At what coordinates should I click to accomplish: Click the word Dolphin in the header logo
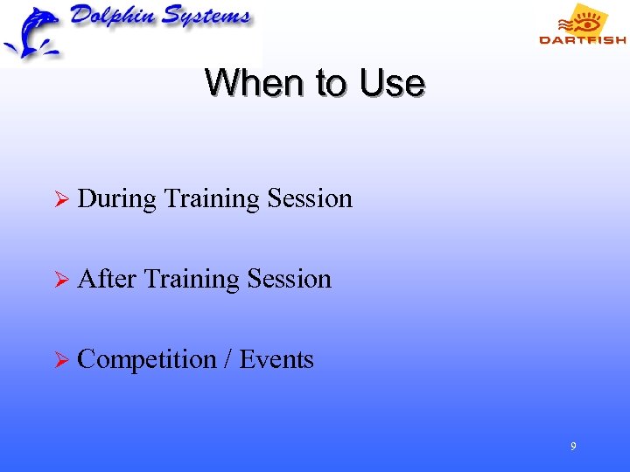pos(110,18)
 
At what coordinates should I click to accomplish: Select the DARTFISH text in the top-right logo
pos(582,39)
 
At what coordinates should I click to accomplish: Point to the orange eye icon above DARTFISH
pos(584,19)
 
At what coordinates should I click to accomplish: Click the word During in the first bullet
pos(116,199)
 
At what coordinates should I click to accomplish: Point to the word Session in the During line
pos(310,198)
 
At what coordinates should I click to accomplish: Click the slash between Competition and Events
pos(227,359)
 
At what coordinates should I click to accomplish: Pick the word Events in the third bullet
pos(276,359)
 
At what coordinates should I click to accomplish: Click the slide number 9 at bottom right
pos(573,447)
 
